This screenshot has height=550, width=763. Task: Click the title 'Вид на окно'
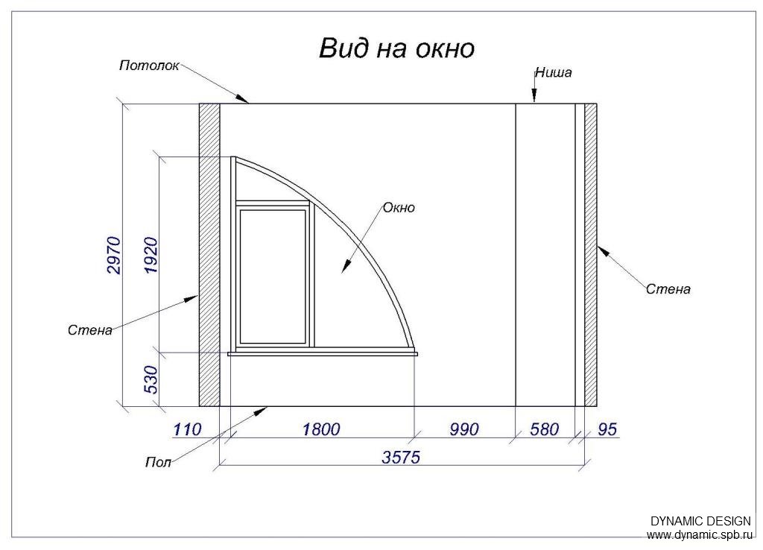tap(396, 48)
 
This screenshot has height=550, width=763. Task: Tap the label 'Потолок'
tap(149, 66)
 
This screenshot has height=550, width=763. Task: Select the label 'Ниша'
tap(554, 73)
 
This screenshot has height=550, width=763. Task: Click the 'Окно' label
tap(399, 208)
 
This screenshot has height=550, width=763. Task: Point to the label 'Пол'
tap(159, 461)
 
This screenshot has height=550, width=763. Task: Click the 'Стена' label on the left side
tap(90, 330)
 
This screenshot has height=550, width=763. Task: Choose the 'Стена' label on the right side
tap(668, 289)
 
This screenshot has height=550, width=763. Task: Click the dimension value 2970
tap(114, 255)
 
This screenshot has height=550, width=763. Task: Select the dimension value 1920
tap(151, 255)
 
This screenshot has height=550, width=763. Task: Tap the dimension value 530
tap(151, 379)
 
